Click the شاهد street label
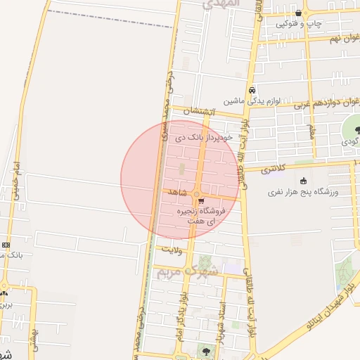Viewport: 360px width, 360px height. [x=176, y=191]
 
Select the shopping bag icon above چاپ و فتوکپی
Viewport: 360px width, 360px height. [x=300, y=13]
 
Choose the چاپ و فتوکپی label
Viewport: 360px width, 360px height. [x=298, y=24]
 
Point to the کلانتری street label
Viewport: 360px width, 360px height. [x=274, y=169]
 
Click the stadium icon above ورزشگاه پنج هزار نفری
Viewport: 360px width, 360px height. [x=303, y=181]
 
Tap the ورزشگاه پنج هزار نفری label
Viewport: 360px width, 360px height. [x=303, y=192]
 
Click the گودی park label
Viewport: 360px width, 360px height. [x=351, y=141]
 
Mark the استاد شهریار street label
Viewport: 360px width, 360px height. [x=222, y=319]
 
